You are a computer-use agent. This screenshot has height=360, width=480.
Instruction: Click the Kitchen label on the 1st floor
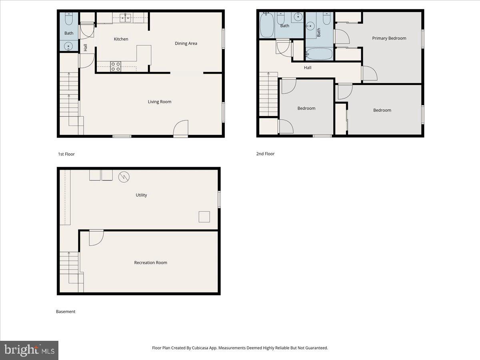[121, 39]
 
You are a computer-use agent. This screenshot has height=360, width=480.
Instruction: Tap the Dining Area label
[186, 43]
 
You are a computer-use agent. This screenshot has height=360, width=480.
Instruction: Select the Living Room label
[160, 102]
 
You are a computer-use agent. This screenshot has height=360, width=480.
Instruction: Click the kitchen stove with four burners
[116, 66]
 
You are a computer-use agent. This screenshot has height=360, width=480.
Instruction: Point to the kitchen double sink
[126, 17]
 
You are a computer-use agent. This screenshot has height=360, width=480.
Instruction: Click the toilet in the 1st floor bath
[69, 19]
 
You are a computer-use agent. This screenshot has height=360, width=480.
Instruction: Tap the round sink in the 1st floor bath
[69, 46]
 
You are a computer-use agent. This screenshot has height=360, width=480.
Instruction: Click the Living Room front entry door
[181, 129]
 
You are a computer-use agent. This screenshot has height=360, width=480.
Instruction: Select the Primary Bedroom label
[389, 38]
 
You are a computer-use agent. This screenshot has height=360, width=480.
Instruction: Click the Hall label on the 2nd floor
[307, 68]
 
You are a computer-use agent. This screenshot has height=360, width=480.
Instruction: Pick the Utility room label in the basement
[141, 195]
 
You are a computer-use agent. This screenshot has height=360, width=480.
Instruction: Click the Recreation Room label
[150, 263]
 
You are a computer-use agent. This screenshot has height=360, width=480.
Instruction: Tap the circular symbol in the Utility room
[124, 177]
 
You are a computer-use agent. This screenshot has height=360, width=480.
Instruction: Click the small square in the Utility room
[204, 216]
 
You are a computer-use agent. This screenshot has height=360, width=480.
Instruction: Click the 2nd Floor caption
[265, 154]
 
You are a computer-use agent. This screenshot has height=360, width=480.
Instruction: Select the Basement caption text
[66, 312]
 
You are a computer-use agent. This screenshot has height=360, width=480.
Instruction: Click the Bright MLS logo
[29, 350]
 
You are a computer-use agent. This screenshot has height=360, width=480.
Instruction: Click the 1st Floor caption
[66, 154]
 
